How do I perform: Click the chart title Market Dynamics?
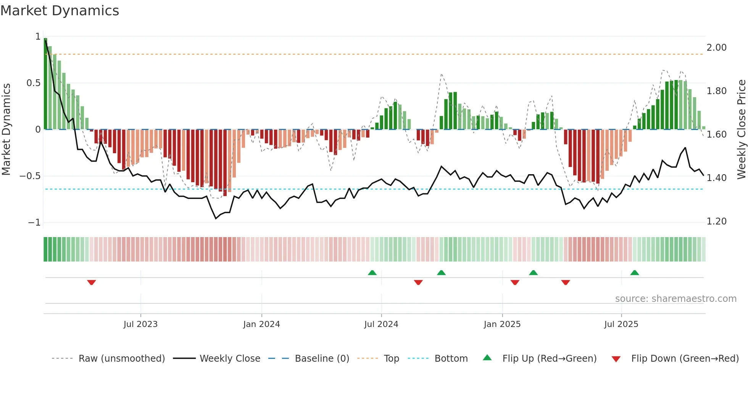pyautogui.click(x=60, y=11)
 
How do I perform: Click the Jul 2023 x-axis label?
pyautogui.click(x=140, y=324)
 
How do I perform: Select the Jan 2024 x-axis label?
pyautogui.click(x=261, y=324)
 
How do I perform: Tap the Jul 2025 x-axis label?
pyautogui.click(x=621, y=324)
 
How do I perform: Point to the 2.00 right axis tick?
pyautogui.click(x=716, y=48)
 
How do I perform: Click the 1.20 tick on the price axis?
pyautogui.click(x=716, y=221)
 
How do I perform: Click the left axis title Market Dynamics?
pyautogui.click(x=6, y=130)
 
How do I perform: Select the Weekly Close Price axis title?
pyautogui.click(x=741, y=130)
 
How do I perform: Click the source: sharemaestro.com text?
pyautogui.click(x=675, y=299)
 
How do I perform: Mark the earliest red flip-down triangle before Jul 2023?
pyautogui.click(x=91, y=282)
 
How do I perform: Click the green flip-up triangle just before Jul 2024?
pyautogui.click(x=372, y=273)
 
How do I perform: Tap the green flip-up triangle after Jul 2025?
pyautogui.click(x=635, y=273)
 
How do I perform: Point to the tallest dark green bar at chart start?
pyautogui.click(x=45, y=84)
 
